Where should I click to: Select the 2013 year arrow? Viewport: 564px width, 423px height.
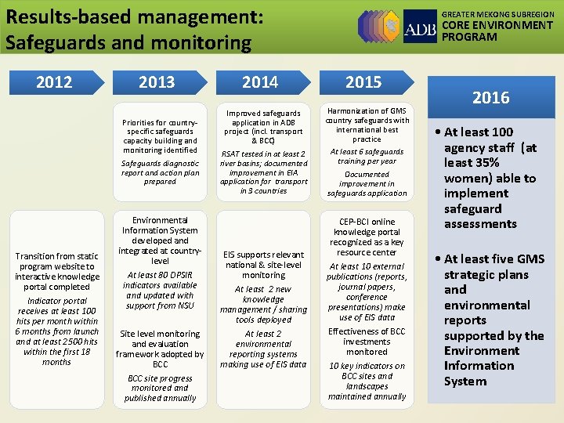(157, 82)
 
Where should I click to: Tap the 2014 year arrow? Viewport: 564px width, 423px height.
(260, 82)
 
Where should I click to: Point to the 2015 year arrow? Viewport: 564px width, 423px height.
(363, 82)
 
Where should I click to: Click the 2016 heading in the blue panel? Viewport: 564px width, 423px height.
(490, 98)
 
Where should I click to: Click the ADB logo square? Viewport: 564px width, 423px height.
(420, 27)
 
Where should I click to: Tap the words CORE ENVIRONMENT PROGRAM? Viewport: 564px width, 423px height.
(497, 31)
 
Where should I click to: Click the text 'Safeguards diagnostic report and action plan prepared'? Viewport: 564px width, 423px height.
(160, 172)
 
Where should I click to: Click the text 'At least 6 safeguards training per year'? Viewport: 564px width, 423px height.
(367, 156)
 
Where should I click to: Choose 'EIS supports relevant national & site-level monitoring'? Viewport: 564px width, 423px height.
(263, 265)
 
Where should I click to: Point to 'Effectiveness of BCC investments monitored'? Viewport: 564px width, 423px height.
(367, 342)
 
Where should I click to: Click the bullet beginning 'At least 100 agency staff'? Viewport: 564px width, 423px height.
(490, 178)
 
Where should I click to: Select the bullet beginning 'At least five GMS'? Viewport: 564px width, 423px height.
(493, 320)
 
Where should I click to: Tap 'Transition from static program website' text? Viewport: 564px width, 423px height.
(57, 271)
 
